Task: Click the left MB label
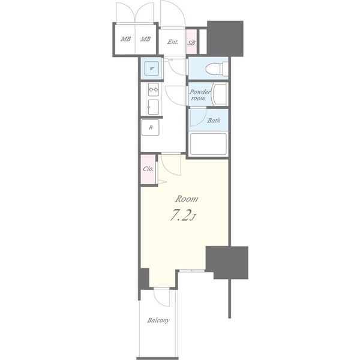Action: (125, 39)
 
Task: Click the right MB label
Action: (145, 39)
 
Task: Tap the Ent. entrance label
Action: (172, 42)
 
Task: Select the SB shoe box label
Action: (191, 43)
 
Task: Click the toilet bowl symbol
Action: (217, 68)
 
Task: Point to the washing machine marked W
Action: (151, 68)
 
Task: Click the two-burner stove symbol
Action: (154, 89)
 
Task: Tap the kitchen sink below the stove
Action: (153, 107)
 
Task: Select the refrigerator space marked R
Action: (151, 127)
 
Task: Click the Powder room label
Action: (200, 95)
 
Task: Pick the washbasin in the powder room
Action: (220, 94)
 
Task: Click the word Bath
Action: (214, 121)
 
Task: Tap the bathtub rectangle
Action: (208, 144)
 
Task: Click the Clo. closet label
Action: (148, 169)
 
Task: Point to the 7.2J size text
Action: (182, 215)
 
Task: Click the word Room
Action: (187, 199)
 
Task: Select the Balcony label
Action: (158, 320)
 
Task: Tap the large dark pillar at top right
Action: (225, 38)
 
